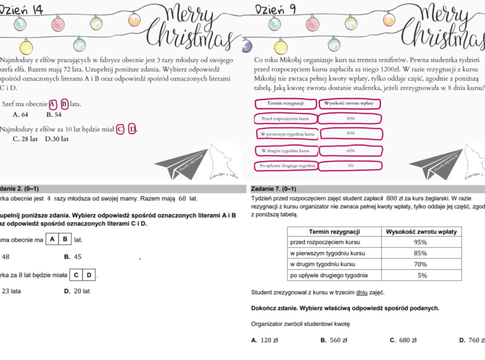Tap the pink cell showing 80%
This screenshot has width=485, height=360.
[x=350, y=133]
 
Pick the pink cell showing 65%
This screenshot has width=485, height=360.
[x=350, y=150]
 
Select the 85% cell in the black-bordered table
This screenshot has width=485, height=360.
[x=420, y=253]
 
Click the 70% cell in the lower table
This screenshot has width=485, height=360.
[x=420, y=264]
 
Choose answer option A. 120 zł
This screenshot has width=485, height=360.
[x=265, y=341]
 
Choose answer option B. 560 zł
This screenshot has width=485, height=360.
[x=333, y=341]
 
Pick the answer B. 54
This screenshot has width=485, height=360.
[x=53, y=115]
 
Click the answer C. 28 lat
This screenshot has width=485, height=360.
[x=25, y=138]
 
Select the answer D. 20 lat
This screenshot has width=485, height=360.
[x=77, y=291]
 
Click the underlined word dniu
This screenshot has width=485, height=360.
[x=362, y=293]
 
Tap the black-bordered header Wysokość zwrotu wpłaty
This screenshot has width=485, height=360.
[x=420, y=231]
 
